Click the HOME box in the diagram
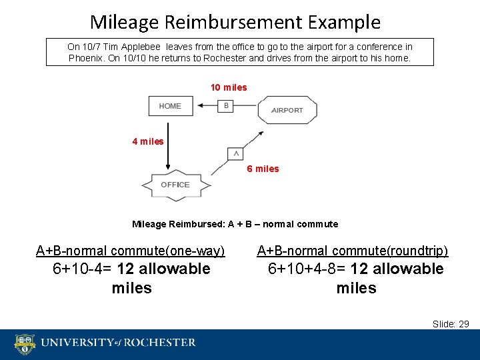coord(170,106)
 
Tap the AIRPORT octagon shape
coord(287,110)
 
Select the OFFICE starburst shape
coord(175,185)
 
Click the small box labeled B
coord(226,105)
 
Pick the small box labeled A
coord(235,154)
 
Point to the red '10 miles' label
coord(229,87)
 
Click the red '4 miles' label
coord(148,141)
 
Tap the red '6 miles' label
coord(263,169)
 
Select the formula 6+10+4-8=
coord(307,269)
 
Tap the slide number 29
coord(464,324)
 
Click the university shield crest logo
coord(25,344)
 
